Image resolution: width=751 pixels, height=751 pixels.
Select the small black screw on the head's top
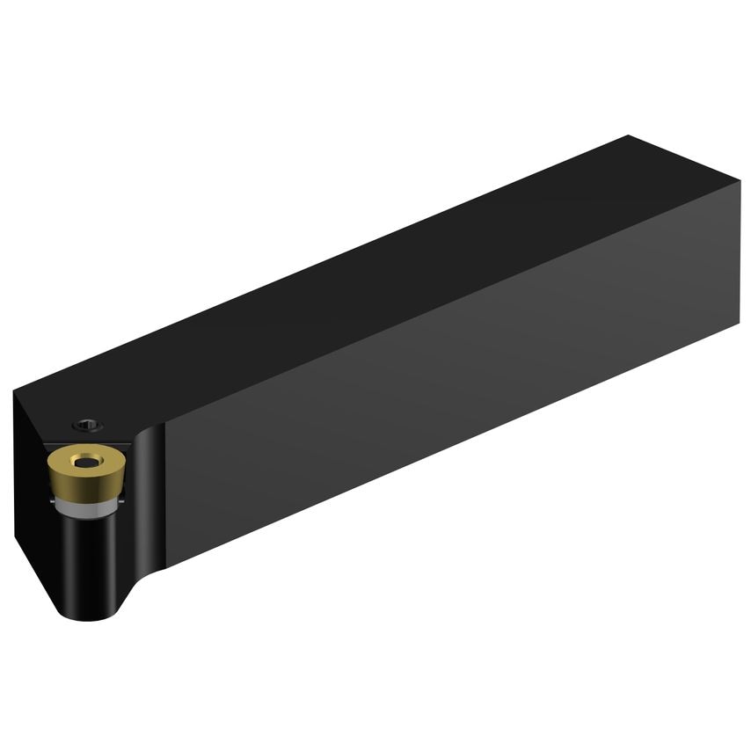(x=87, y=425)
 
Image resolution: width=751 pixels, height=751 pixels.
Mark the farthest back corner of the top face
(x=629, y=136)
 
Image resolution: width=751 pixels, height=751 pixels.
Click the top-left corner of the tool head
(x=15, y=391)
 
